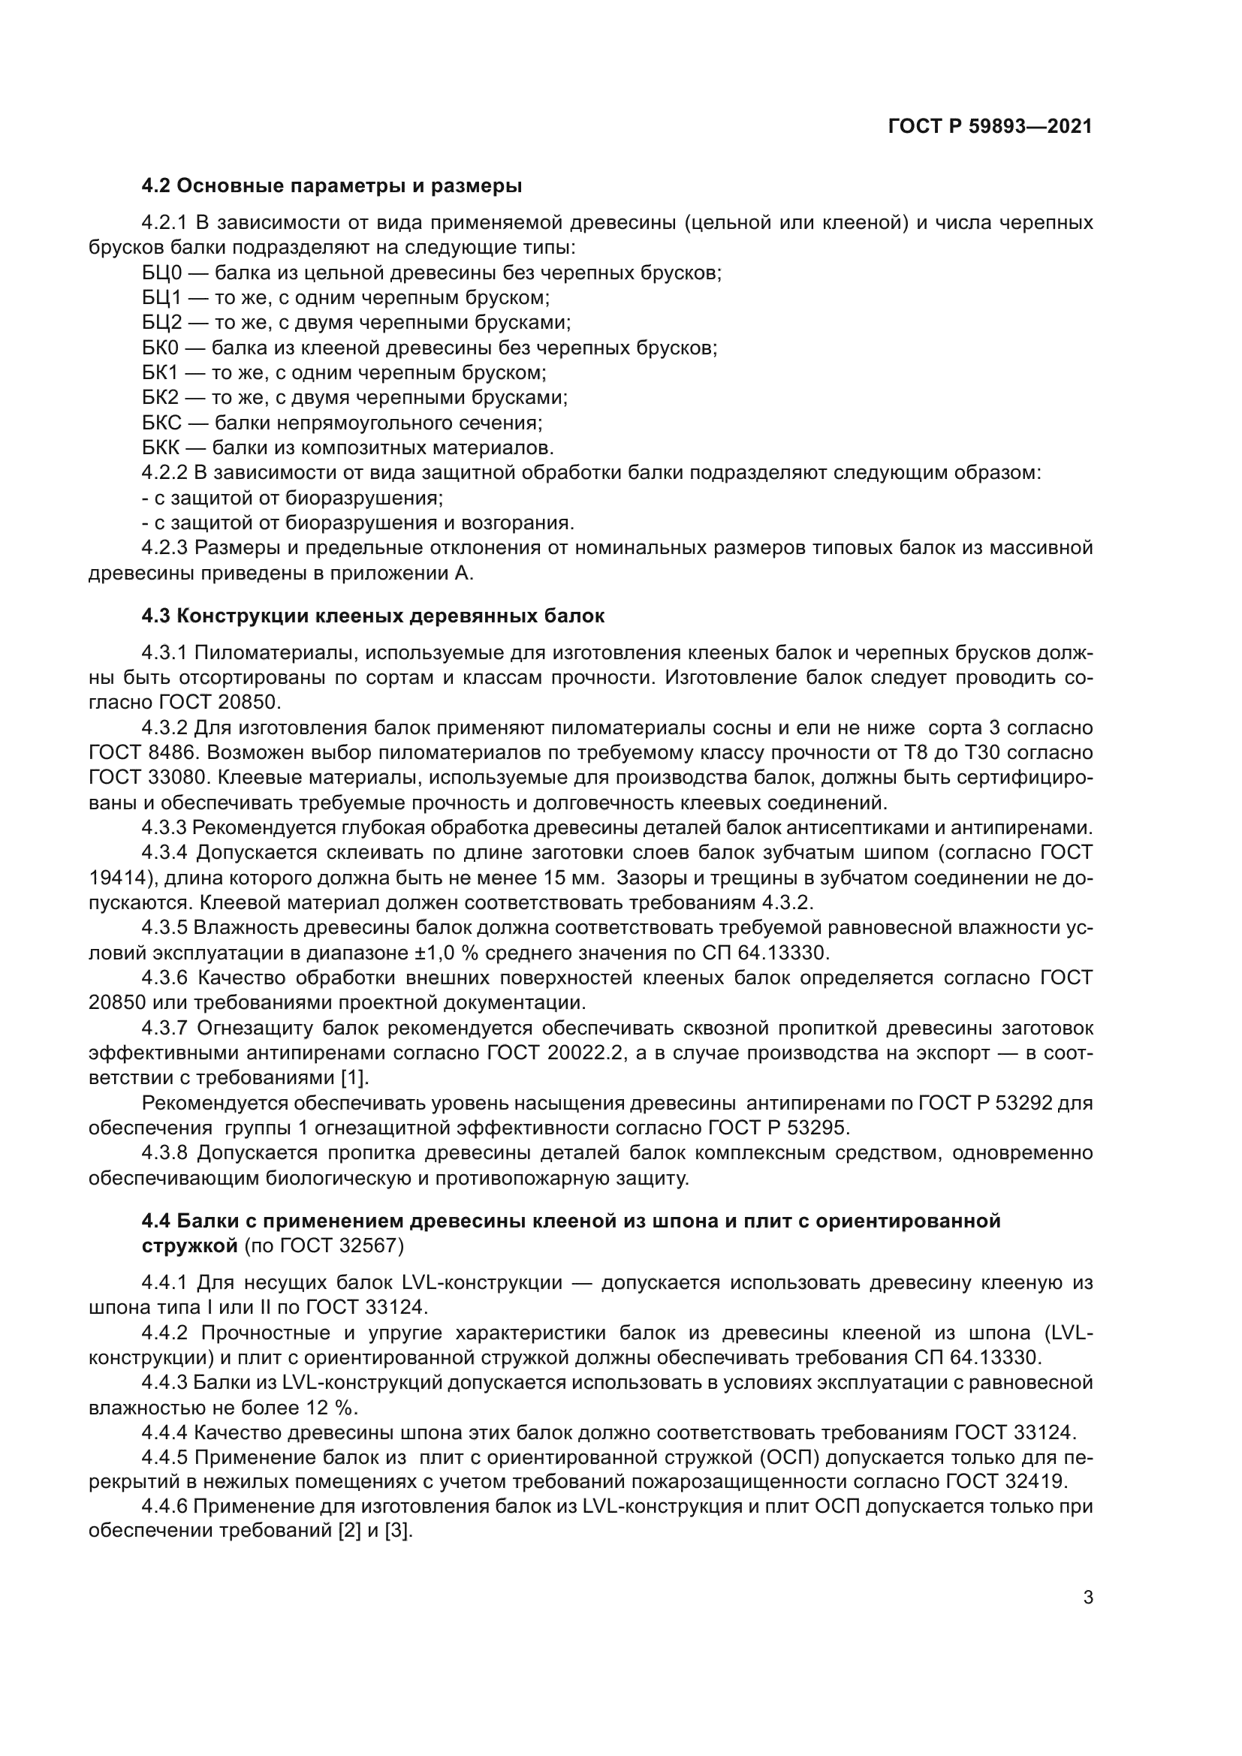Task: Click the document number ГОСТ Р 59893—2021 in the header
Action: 990,127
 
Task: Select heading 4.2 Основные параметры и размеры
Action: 332,186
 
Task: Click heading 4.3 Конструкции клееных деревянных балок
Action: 373,616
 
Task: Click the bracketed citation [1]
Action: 355,1078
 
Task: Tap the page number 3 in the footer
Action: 1088,1598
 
